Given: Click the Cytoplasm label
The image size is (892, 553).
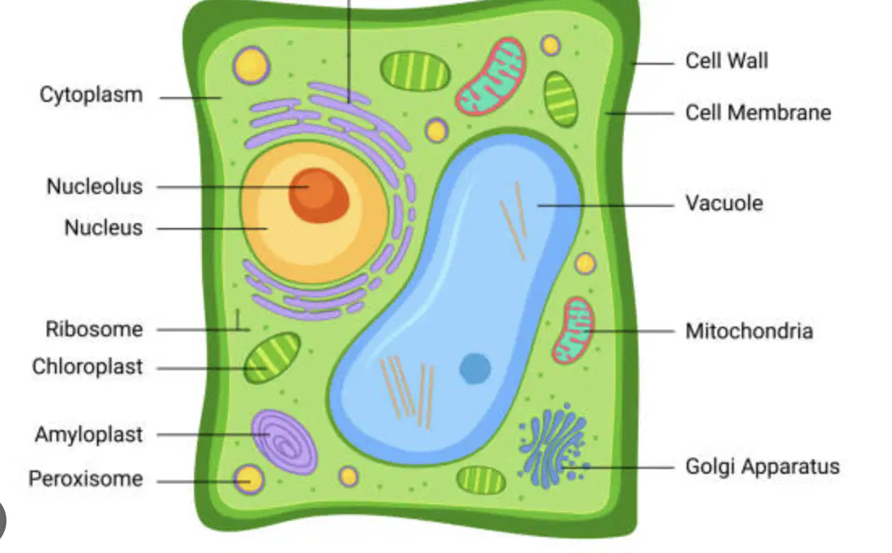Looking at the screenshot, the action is tap(91, 95).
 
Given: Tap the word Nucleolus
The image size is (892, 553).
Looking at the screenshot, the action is tap(95, 186).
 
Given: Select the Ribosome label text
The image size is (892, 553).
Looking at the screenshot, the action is tap(94, 329).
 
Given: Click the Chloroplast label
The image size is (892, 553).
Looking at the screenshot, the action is tap(87, 367).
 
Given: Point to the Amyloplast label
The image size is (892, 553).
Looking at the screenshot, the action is tap(89, 434).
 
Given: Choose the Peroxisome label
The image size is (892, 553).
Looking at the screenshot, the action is tap(86, 479).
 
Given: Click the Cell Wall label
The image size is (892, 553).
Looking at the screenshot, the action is tap(726, 61).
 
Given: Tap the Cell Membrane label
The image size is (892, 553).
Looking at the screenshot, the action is tap(758, 112).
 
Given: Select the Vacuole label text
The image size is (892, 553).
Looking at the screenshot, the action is tap(724, 203).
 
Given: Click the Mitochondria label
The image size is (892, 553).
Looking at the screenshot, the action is tap(749, 331).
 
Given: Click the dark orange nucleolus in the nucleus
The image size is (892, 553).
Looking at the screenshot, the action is tap(318, 195).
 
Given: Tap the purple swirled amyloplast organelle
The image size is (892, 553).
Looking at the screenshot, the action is tap(284, 442).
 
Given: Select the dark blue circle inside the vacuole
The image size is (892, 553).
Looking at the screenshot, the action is tap(475, 369).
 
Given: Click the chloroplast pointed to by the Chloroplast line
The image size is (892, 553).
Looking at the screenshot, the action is tap(272, 357).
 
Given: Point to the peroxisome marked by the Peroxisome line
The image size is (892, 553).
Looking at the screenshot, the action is tap(249, 479).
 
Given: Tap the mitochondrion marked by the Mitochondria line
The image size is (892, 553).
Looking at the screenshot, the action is tap(573, 331).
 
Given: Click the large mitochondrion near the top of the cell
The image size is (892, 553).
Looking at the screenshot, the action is tap(491, 76).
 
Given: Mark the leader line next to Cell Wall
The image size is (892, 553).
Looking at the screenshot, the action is tap(654, 62).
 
